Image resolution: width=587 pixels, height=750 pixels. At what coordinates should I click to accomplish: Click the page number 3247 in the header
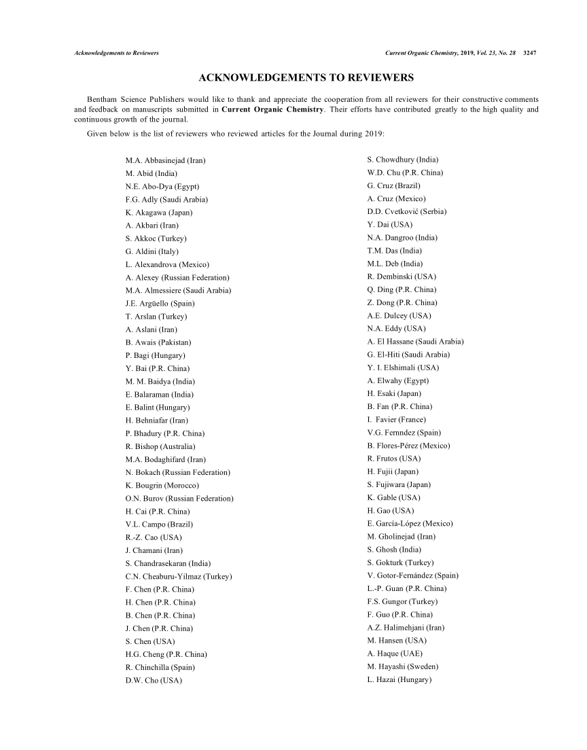(530, 53)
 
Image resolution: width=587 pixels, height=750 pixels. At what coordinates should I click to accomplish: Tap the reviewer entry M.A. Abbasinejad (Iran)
(166, 160)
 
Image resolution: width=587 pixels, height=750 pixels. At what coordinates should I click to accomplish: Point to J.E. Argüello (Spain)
(157, 304)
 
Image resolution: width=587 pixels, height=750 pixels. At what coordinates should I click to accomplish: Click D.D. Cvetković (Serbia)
(406, 211)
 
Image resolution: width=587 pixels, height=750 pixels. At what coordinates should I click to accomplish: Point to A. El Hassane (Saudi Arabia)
(415, 342)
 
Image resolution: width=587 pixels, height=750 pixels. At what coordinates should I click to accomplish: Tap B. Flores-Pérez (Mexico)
(408, 446)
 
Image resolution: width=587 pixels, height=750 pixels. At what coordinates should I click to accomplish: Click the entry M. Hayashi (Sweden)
(402, 667)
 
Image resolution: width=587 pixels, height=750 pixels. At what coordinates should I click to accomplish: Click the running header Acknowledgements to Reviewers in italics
(116, 53)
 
